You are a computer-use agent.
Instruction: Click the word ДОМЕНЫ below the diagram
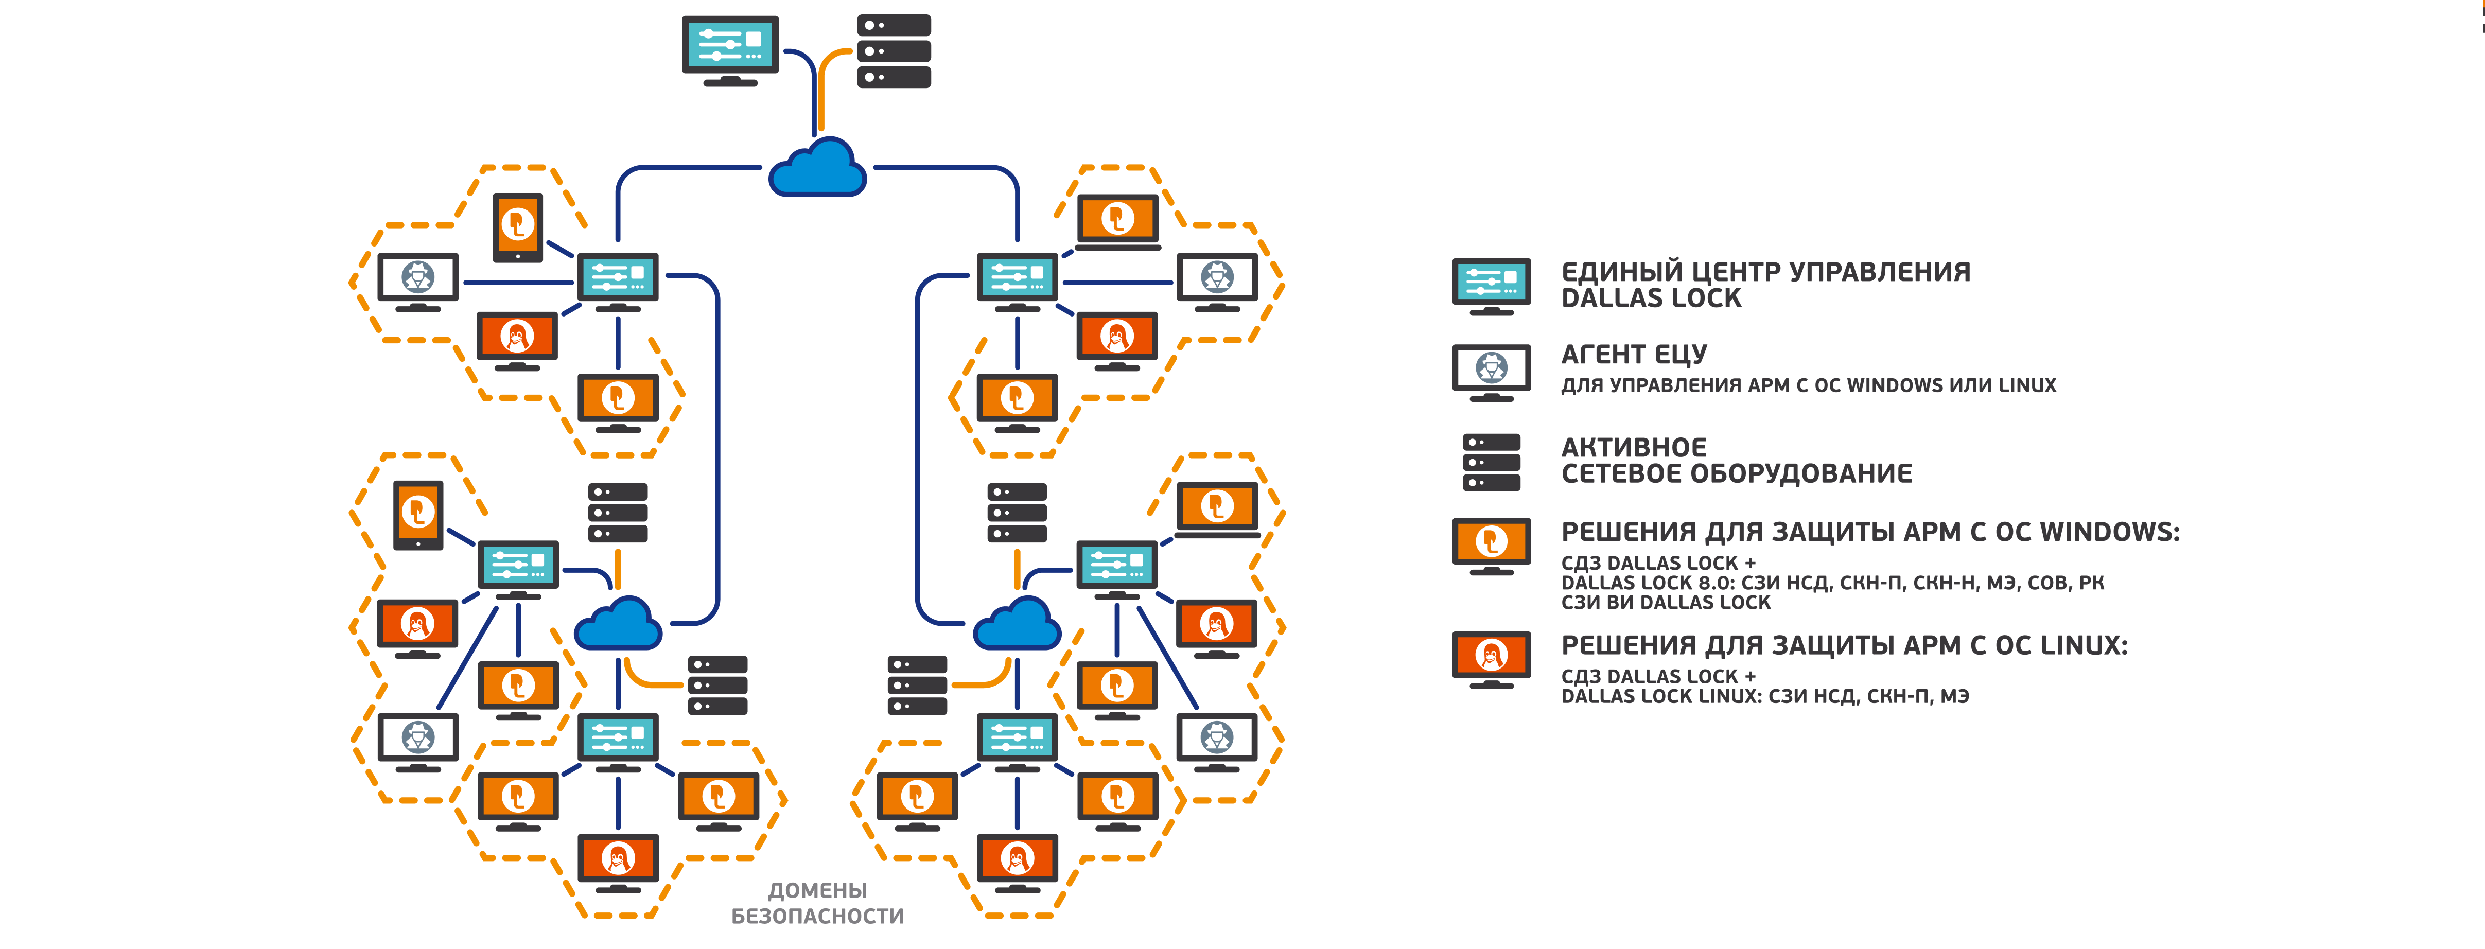[x=817, y=890]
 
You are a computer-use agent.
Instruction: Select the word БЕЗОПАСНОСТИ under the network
[x=817, y=916]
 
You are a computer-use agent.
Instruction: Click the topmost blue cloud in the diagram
[x=817, y=169]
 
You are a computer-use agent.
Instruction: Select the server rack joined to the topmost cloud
[x=894, y=51]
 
